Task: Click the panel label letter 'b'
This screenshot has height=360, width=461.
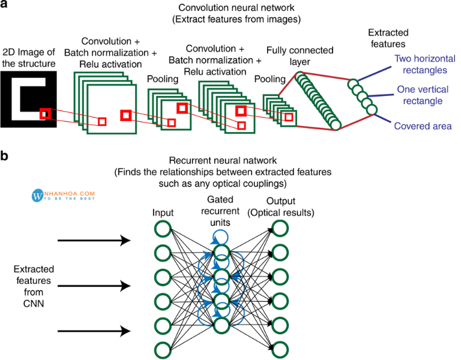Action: click(x=5, y=157)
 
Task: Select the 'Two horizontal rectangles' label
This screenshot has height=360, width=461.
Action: click(x=421, y=65)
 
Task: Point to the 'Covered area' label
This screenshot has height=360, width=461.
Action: click(x=423, y=126)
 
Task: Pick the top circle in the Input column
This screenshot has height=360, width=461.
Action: click(x=161, y=229)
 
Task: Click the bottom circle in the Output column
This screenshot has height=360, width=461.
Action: click(x=280, y=349)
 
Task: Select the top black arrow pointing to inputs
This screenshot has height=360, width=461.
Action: click(x=94, y=241)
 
